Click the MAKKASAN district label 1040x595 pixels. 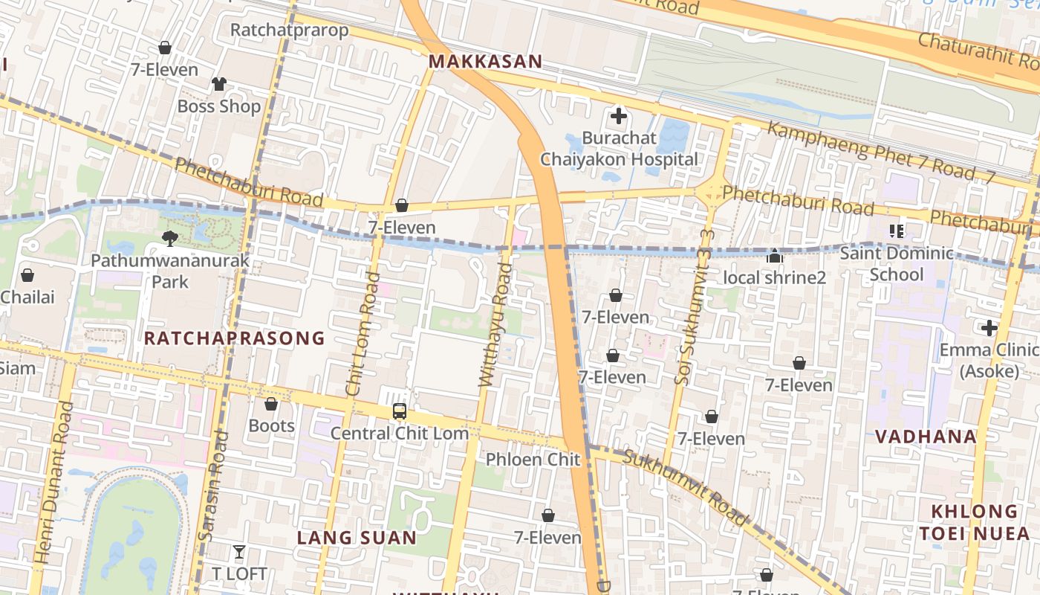(486, 61)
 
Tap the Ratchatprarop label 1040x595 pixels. (289, 30)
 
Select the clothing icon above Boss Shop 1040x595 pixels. (218, 84)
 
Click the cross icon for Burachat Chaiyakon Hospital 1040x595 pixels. (618, 116)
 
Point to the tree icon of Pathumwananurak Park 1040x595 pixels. (170, 239)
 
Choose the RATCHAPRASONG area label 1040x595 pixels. (234, 338)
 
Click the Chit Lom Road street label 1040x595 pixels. (363, 334)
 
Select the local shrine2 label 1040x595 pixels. (774, 277)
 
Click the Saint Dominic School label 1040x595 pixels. (896, 263)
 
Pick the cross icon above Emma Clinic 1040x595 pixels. (989, 328)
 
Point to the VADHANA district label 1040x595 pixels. (925, 437)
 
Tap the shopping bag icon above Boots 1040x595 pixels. (271, 404)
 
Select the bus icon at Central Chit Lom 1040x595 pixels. (400, 411)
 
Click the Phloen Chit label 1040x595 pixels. (533, 460)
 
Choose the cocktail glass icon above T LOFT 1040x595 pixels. (238, 552)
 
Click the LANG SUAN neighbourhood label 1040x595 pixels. (357, 537)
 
